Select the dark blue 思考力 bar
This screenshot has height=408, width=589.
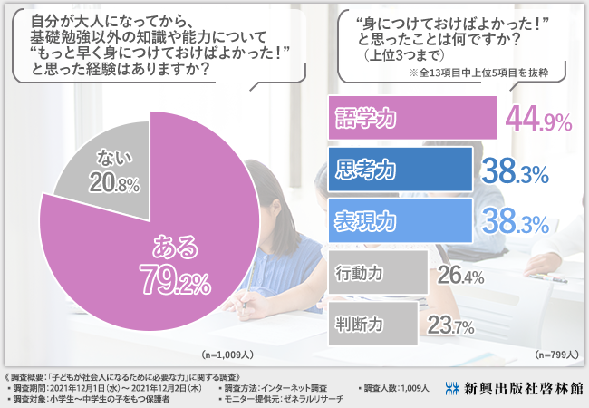click(x=398, y=169)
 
